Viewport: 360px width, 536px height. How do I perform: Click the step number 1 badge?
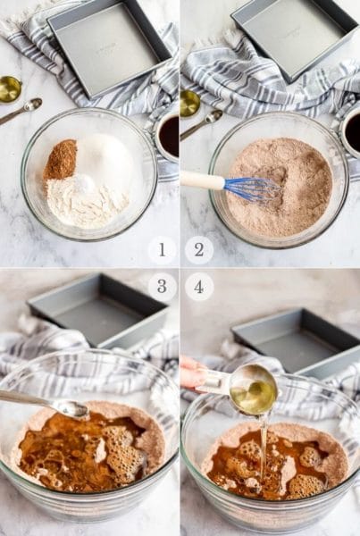click(162, 250)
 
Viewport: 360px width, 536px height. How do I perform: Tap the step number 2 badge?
click(199, 250)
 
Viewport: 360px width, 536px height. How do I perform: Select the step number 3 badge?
click(162, 287)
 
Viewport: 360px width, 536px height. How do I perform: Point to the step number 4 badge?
click(199, 287)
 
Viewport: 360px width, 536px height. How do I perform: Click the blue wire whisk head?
click(252, 189)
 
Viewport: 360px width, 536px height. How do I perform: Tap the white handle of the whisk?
click(203, 180)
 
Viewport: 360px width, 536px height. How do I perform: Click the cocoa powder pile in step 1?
click(60, 160)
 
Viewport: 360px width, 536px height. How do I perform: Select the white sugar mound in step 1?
click(105, 155)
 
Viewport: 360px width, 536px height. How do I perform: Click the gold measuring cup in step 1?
click(10, 89)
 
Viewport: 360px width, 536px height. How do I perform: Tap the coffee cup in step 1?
click(166, 134)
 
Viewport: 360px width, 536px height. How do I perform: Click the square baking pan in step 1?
click(109, 47)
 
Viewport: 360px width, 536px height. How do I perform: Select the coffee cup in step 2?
click(349, 131)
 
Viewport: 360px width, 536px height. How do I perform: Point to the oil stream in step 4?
click(263, 444)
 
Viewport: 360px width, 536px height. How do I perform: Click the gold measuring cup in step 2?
click(189, 103)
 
